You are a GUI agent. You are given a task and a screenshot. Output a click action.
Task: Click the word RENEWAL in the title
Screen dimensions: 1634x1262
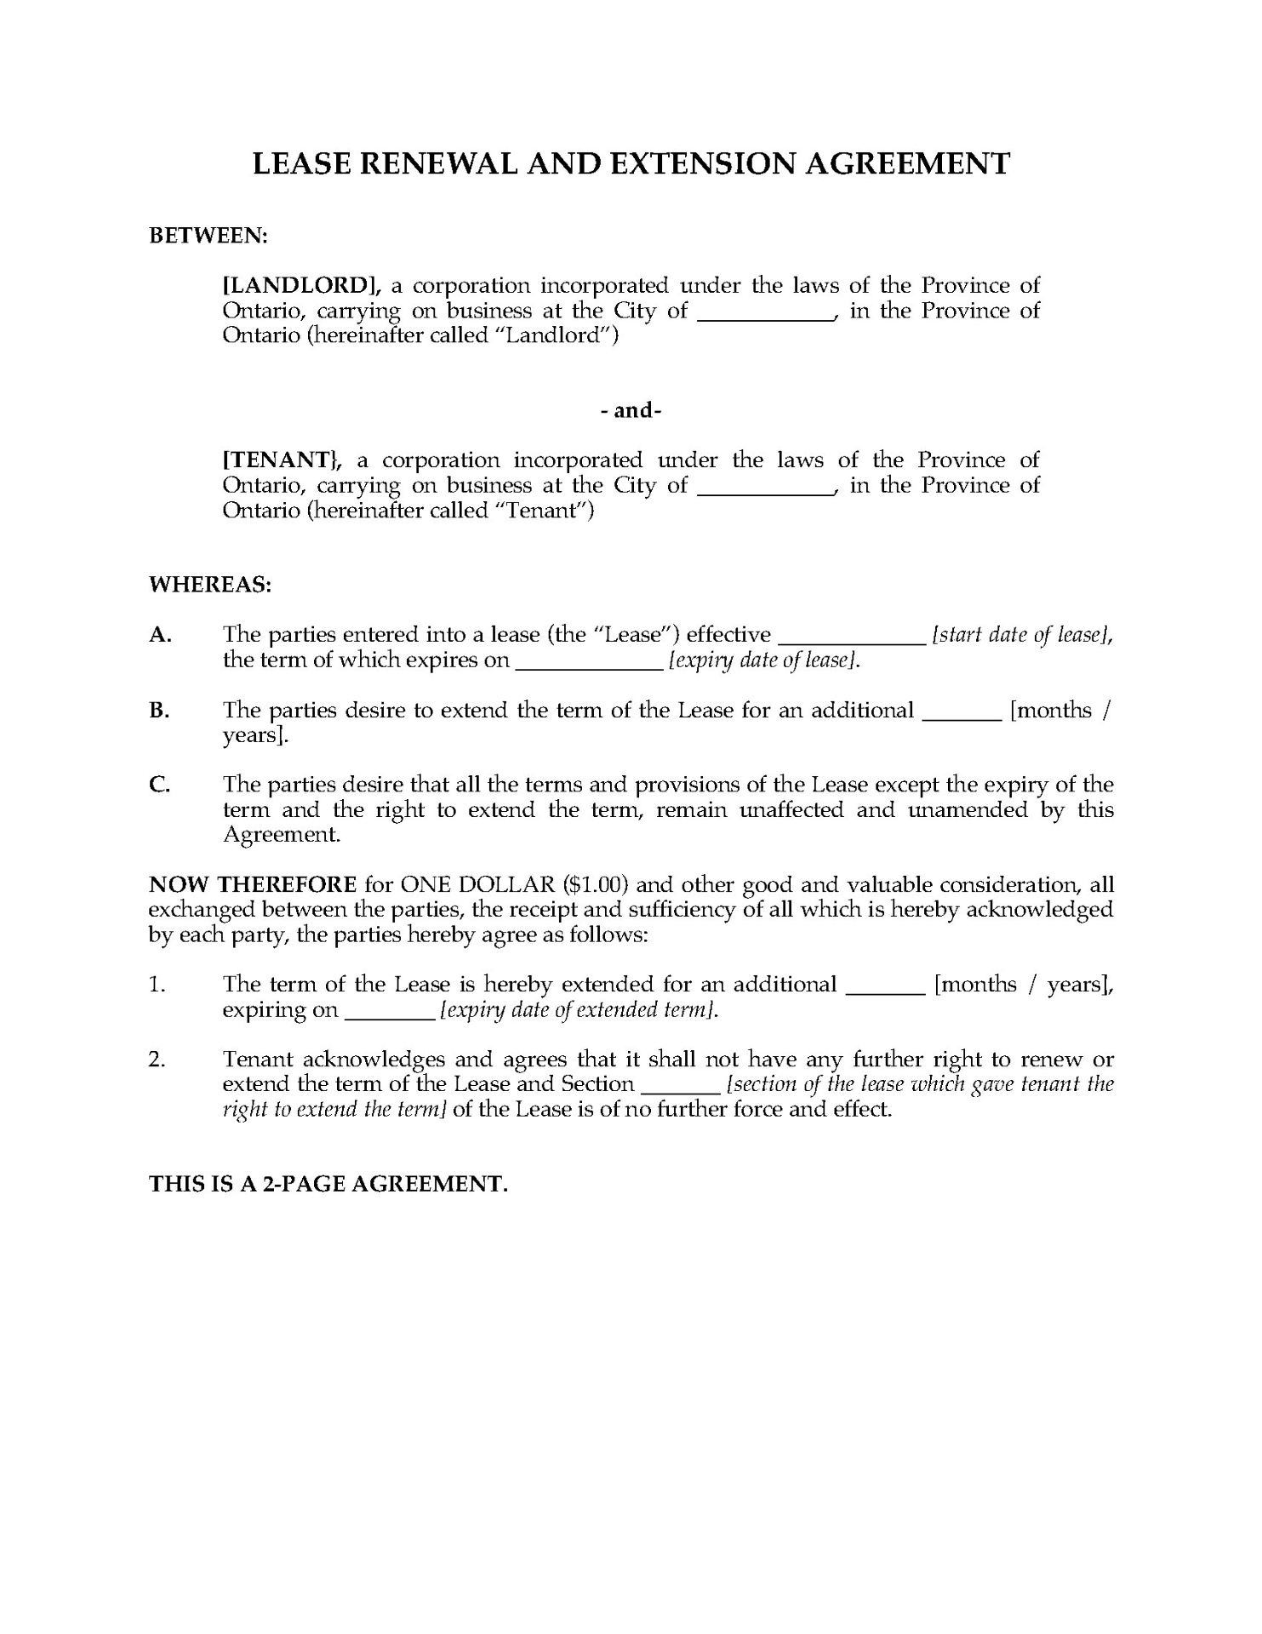[437, 163]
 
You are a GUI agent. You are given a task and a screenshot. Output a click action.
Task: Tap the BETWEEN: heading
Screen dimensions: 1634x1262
[208, 236]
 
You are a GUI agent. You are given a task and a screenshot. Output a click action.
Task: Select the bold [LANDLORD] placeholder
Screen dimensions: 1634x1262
[300, 285]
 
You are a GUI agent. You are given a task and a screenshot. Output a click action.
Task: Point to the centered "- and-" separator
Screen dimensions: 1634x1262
[631, 410]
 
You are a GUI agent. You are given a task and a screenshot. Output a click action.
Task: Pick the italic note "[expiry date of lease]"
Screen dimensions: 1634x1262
[764, 660]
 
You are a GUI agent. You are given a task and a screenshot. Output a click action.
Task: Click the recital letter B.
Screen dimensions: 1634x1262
[159, 711]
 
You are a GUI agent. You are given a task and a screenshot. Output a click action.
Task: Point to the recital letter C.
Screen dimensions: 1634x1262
[159, 785]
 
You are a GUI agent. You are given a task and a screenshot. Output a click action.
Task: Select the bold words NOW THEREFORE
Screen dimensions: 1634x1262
[253, 884]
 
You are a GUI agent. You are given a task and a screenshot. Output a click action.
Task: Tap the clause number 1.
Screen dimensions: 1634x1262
[157, 985]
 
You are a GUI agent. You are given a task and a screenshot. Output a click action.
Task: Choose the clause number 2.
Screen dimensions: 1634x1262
[157, 1060]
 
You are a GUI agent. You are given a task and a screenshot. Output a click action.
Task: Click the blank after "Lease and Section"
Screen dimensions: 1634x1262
[679, 1088]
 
